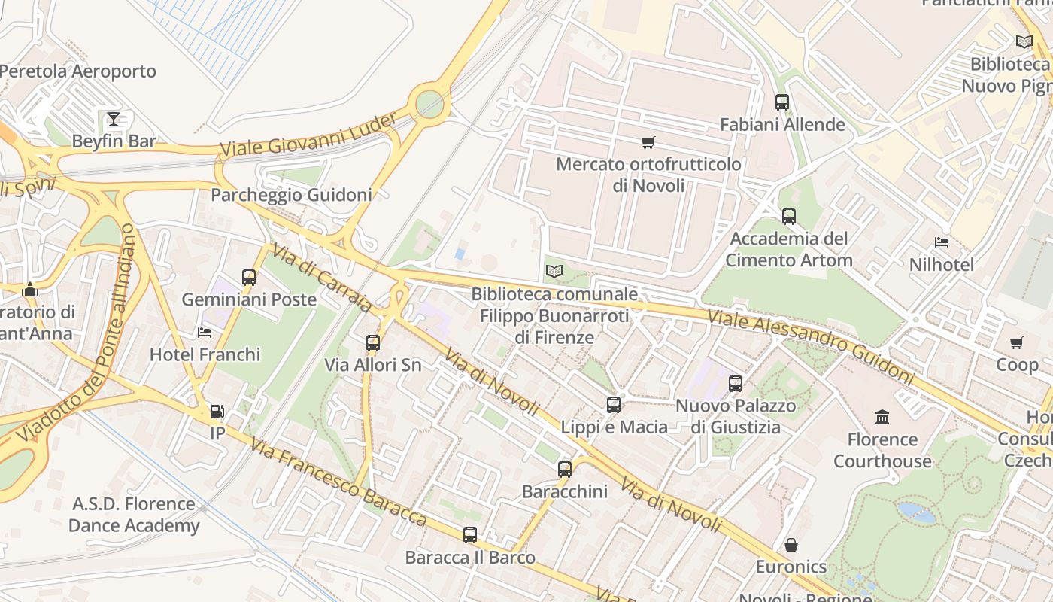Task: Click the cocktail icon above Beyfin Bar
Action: (114, 118)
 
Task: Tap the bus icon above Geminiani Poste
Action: (249, 277)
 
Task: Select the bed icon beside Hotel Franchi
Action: (205, 332)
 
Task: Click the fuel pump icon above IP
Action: (217, 411)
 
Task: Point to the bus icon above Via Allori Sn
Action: (372, 343)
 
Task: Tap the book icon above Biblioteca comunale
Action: (554, 271)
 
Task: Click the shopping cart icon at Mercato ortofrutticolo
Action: (648, 142)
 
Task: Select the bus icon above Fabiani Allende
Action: (782, 102)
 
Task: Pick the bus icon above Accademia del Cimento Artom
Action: (788, 217)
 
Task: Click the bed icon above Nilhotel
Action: (941, 242)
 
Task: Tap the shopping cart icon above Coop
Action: (1017, 342)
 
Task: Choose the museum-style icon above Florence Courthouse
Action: (882, 417)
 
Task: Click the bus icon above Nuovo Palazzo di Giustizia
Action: (735, 384)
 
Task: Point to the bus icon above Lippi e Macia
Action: (614, 405)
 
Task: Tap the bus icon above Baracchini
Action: (565, 470)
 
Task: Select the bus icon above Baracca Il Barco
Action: (470, 535)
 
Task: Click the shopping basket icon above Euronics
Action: (791, 544)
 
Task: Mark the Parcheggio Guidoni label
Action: (291, 195)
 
